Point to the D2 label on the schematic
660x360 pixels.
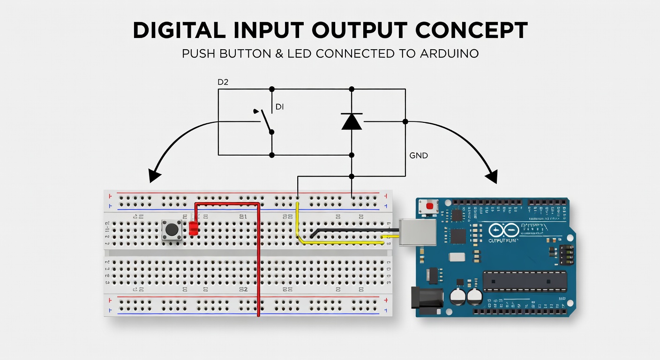223,82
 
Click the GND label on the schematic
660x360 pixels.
419,156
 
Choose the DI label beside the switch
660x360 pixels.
279,107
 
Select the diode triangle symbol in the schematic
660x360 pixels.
352,121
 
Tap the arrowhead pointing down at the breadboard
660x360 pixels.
154,176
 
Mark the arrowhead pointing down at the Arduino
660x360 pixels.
491,177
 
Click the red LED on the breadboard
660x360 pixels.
194,228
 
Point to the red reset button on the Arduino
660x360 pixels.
429,206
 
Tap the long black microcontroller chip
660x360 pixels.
525,280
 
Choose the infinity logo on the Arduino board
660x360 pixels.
503,231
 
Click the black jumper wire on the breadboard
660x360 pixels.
352,230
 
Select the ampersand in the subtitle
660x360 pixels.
279,54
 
